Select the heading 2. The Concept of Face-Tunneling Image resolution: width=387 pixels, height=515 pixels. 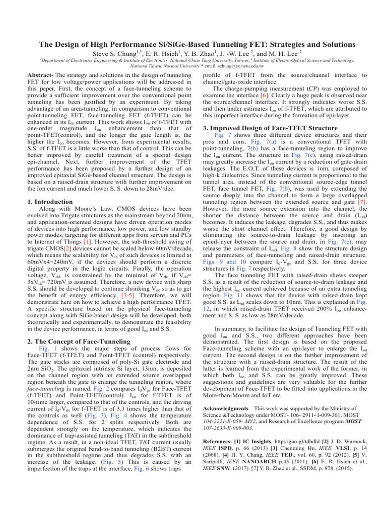[x=78, y=341]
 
